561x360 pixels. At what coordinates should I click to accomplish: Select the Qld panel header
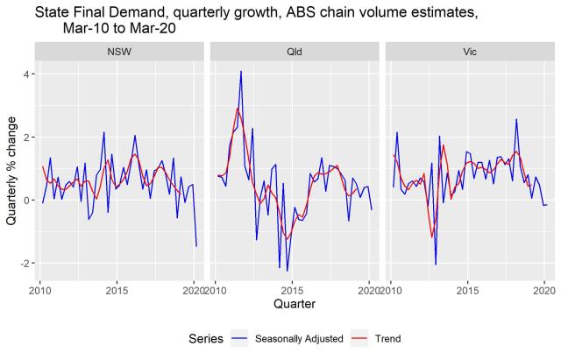point(294,51)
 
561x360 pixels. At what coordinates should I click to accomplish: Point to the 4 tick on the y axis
point(26,74)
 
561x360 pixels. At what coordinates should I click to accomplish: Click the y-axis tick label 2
point(26,138)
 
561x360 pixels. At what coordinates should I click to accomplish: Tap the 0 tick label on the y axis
point(26,201)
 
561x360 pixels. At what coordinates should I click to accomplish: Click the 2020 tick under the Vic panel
point(543,290)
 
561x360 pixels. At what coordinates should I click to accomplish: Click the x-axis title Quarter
point(294,305)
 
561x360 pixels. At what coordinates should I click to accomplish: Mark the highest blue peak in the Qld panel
point(241,72)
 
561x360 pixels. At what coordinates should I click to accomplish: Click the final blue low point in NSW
point(196,246)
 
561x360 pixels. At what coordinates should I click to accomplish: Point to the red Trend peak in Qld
point(238,108)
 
